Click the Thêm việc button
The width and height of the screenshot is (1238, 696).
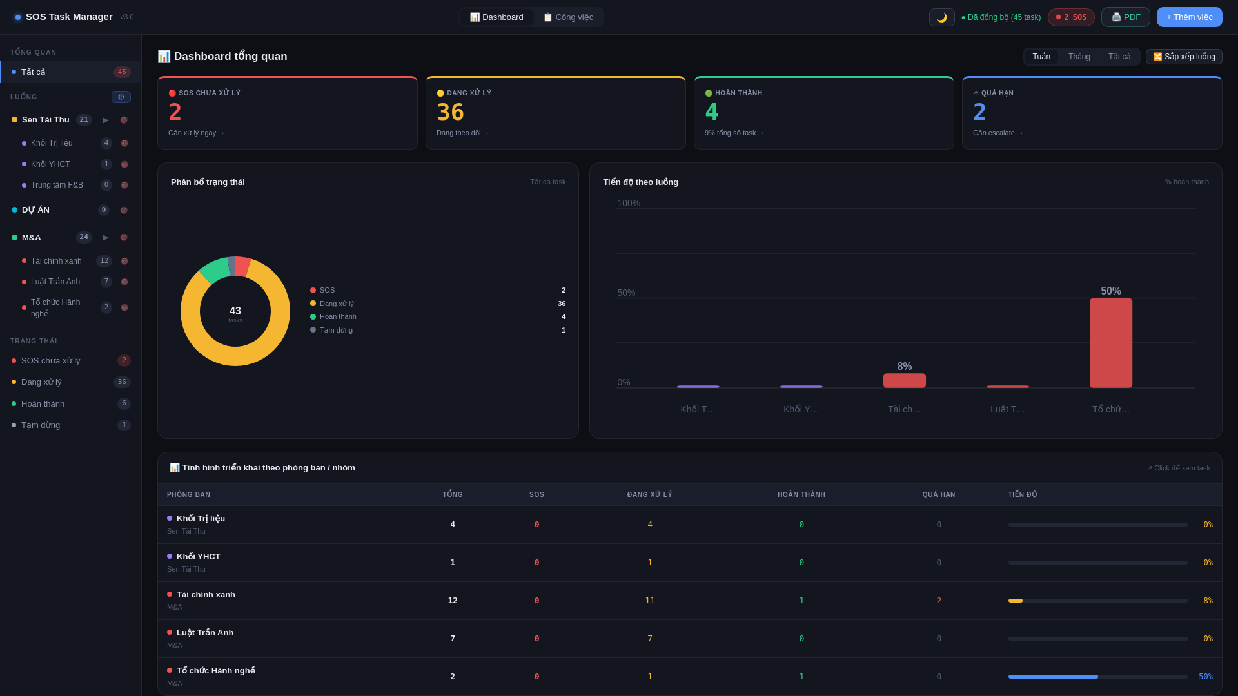coord(1189,17)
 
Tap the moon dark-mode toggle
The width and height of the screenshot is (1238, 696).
coord(941,17)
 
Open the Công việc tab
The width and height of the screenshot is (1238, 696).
coord(568,17)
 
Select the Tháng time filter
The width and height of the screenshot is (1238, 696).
coord(1079,57)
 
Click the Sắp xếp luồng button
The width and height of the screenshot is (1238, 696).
coord(1184,57)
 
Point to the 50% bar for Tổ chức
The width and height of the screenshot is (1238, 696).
coord(1110,342)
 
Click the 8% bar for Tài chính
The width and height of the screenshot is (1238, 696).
coord(904,380)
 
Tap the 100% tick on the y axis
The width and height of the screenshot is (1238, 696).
coord(629,203)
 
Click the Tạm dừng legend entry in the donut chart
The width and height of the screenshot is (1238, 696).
coord(336,330)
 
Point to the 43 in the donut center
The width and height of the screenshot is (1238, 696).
coord(235,311)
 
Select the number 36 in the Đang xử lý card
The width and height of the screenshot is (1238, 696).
coord(450,113)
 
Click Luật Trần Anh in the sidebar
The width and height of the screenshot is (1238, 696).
coord(55,282)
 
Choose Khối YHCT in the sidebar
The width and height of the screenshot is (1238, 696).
coord(50,164)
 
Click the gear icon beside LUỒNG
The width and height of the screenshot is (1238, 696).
coord(121,97)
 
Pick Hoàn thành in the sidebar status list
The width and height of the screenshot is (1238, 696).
coord(43,404)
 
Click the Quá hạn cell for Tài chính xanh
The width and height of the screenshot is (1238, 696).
coord(939,601)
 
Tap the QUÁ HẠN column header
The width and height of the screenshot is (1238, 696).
coord(939,495)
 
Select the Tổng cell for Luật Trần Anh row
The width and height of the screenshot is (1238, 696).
coord(453,639)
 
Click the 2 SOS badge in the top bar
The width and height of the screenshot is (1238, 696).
coord(1071,17)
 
